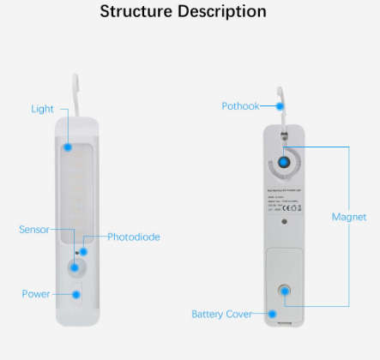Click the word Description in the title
coord(222,12)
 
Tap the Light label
coord(42,109)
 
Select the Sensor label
coord(33,230)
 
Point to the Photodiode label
coord(133,237)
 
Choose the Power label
coord(36,294)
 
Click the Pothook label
coord(240,105)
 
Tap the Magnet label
coord(349,217)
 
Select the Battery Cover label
coord(221,315)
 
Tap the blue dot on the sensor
coord(75,267)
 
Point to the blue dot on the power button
coord(75,294)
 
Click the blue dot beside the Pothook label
coord(280,105)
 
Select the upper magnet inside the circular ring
coord(284,163)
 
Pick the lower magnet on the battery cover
coord(284,292)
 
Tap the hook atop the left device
coord(76,94)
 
